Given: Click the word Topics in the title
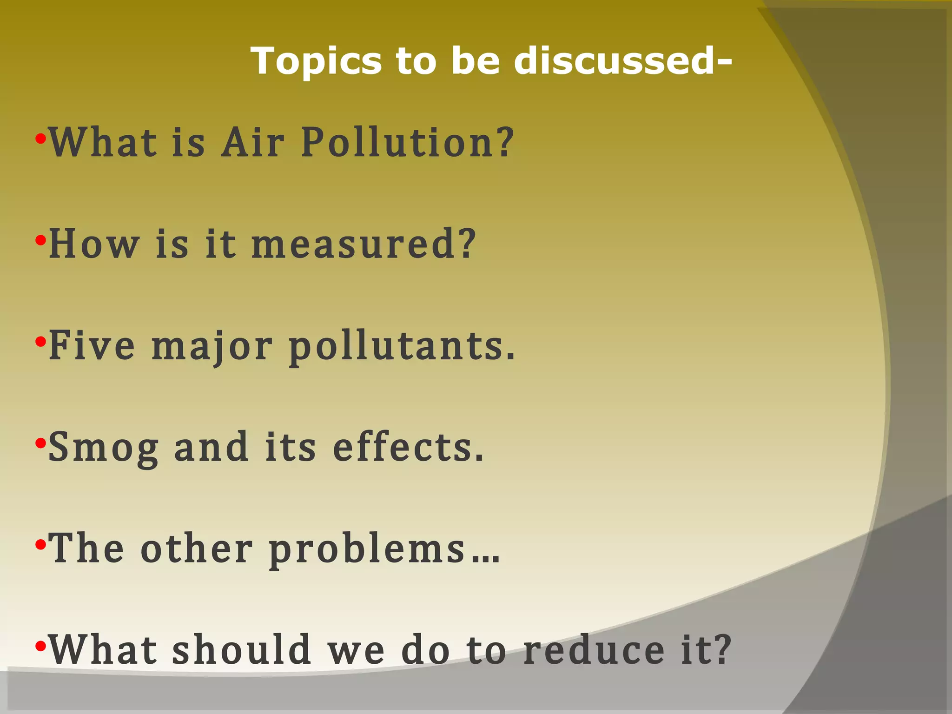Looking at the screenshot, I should click(x=316, y=62).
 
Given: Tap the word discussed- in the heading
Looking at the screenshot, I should click(x=623, y=61).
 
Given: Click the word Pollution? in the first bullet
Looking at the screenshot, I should click(x=408, y=142).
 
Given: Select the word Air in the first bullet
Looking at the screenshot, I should click(x=252, y=142).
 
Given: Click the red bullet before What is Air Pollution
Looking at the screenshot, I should click(x=41, y=139).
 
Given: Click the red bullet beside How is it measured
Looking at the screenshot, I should click(x=41, y=240).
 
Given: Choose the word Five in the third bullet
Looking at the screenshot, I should click(x=92, y=346).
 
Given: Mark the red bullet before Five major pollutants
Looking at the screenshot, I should click(x=41, y=342).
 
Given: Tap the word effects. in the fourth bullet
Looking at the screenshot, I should click(x=409, y=447).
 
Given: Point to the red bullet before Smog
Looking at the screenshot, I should click(x=41, y=443).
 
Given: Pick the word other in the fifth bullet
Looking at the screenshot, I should click(x=197, y=549).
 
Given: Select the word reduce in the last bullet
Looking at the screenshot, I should click(x=594, y=650).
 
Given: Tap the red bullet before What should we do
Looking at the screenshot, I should click(x=41, y=646).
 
